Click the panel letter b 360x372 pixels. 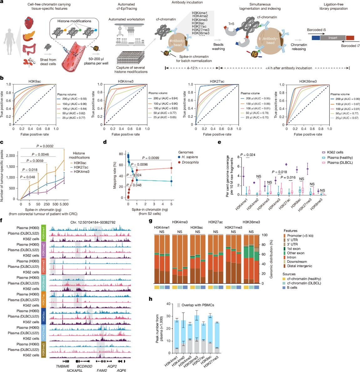click(2, 78)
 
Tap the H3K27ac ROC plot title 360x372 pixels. click(217, 81)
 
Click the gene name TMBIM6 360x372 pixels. click(63, 366)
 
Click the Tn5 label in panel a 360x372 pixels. click(231, 24)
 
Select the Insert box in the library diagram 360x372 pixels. click(333, 38)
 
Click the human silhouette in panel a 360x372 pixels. click(10, 41)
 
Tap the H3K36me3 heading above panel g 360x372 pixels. click(251, 222)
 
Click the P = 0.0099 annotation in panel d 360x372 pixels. click(151, 158)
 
